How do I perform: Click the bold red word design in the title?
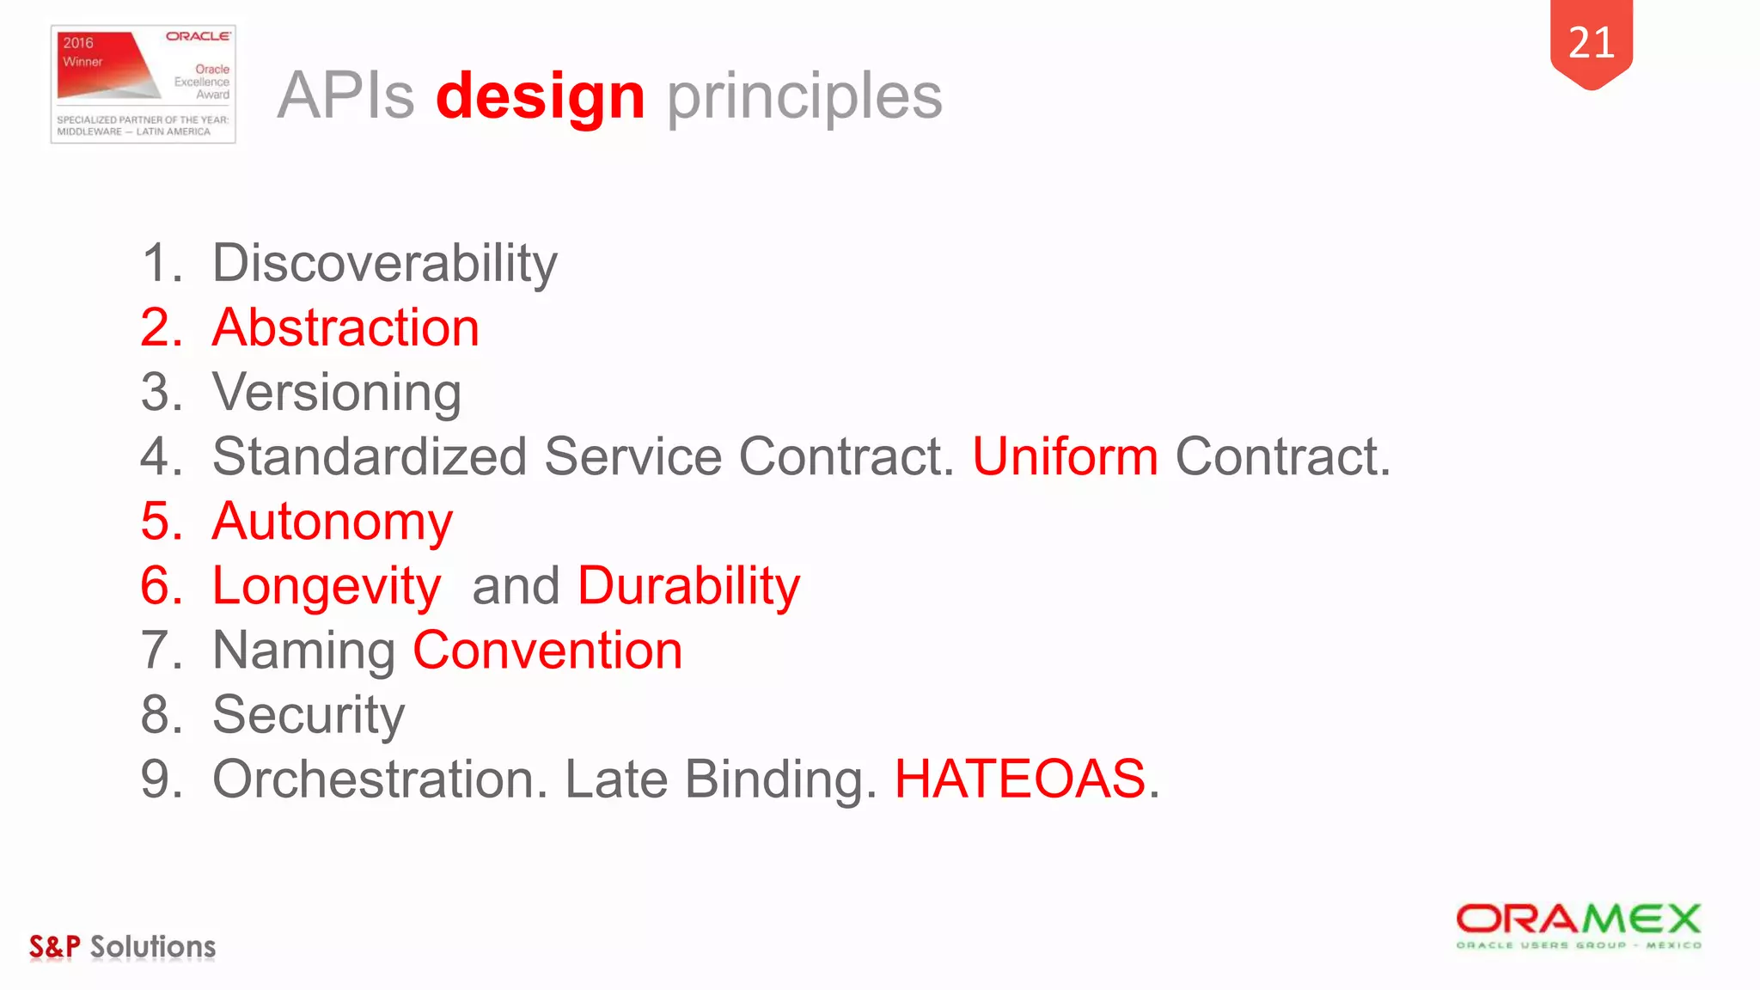540,96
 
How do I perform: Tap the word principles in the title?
804,96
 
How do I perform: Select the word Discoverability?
384,263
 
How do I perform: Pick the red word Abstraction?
345,327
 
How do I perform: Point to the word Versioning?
337,393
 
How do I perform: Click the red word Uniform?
1065,456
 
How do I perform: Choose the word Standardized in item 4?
370,456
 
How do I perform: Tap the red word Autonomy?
332,522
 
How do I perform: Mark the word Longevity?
327,586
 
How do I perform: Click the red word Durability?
688,586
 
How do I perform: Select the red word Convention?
547,651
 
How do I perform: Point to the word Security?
309,715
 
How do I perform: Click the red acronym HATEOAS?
1020,779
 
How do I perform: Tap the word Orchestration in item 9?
380,779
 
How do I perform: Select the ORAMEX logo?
1578,926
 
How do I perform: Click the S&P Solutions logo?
122,946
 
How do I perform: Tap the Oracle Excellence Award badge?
144,84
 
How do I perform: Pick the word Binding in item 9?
780,779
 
